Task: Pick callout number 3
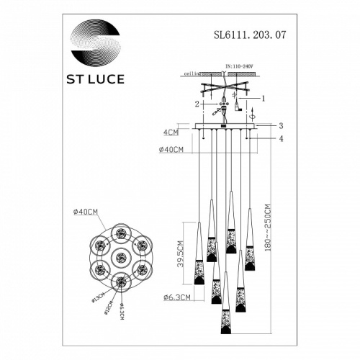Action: [x=282, y=125]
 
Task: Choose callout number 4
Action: [x=282, y=138]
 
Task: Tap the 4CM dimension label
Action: [x=171, y=132]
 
